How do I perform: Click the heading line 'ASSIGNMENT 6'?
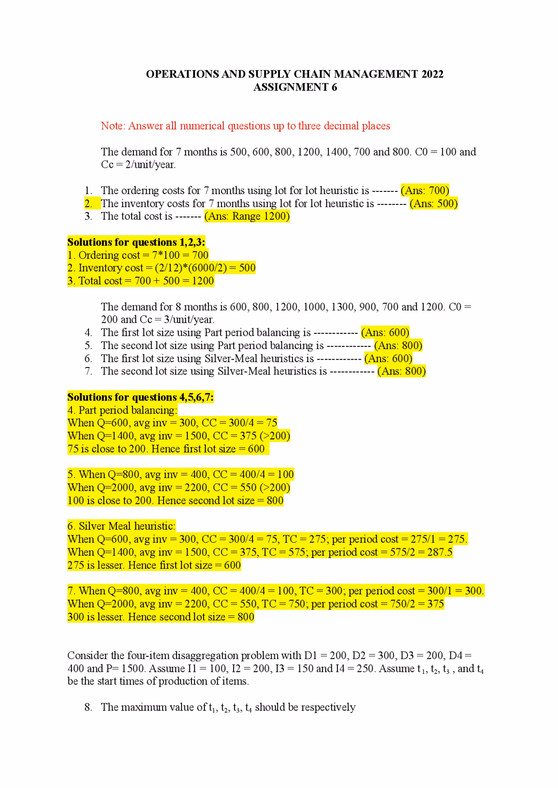click(x=295, y=87)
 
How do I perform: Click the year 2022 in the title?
click(x=432, y=74)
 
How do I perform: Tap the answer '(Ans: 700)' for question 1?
click(x=425, y=190)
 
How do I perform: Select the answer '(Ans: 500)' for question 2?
click(x=433, y=204)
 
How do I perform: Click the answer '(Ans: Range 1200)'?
click(x=247, y=216)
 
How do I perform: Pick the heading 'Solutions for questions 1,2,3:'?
click(x=136, y=242)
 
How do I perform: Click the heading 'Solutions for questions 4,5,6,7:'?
click(x=140, y=397)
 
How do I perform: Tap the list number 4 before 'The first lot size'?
click(x=88, y=333)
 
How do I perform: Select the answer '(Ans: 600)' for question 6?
click(x=388, y=359)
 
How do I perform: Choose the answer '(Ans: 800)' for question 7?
click(x=401, y=371)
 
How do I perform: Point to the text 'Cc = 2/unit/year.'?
click(x=138, y=165)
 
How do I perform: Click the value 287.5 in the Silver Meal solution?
click(x=439, y=553)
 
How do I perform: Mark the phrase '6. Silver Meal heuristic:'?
click(x=121, y=526)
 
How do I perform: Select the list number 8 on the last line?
click(x=88, y=707)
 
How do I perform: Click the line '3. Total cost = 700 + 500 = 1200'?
click(x=140, y=281)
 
